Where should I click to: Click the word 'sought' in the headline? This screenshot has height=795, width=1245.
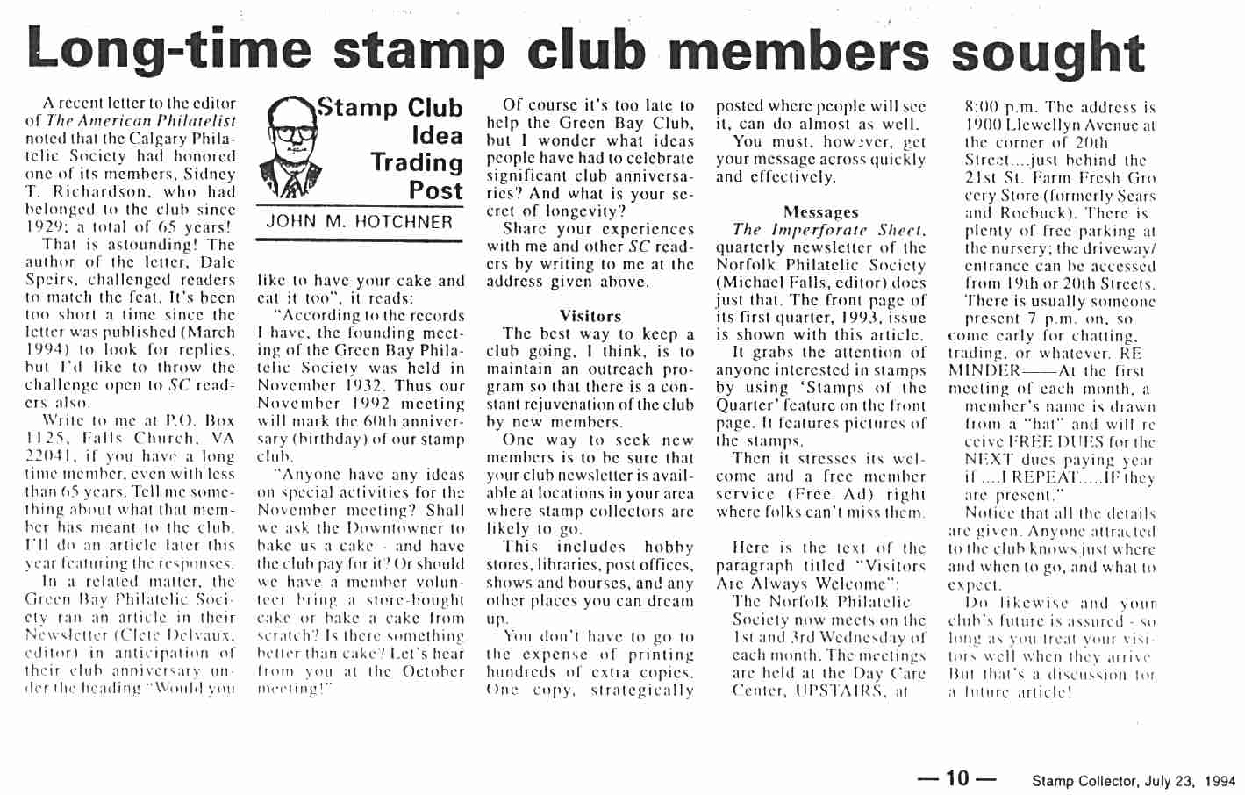(x=1048, y=51)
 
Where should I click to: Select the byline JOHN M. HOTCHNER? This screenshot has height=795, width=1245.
(x=359, y=222)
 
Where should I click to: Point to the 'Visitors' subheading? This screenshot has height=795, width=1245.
(x=590, y=316)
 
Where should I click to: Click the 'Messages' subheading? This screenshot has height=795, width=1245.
(x=820, y=211)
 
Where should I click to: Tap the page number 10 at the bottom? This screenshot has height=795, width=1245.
(x=957, y=777)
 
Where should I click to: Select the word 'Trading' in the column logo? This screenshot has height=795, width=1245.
(x=417, y=163)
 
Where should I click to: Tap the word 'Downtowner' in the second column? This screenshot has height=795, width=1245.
(x=385, y=528)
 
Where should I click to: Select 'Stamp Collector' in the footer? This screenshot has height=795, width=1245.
(x=1084, y=781)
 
